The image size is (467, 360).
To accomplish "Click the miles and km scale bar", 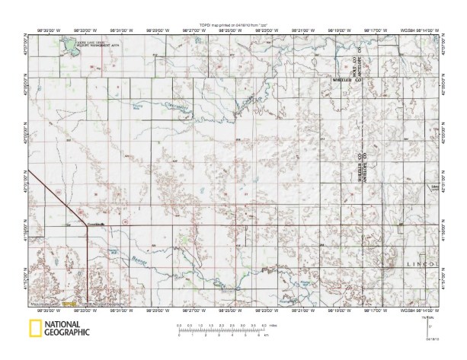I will pos(221,329).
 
